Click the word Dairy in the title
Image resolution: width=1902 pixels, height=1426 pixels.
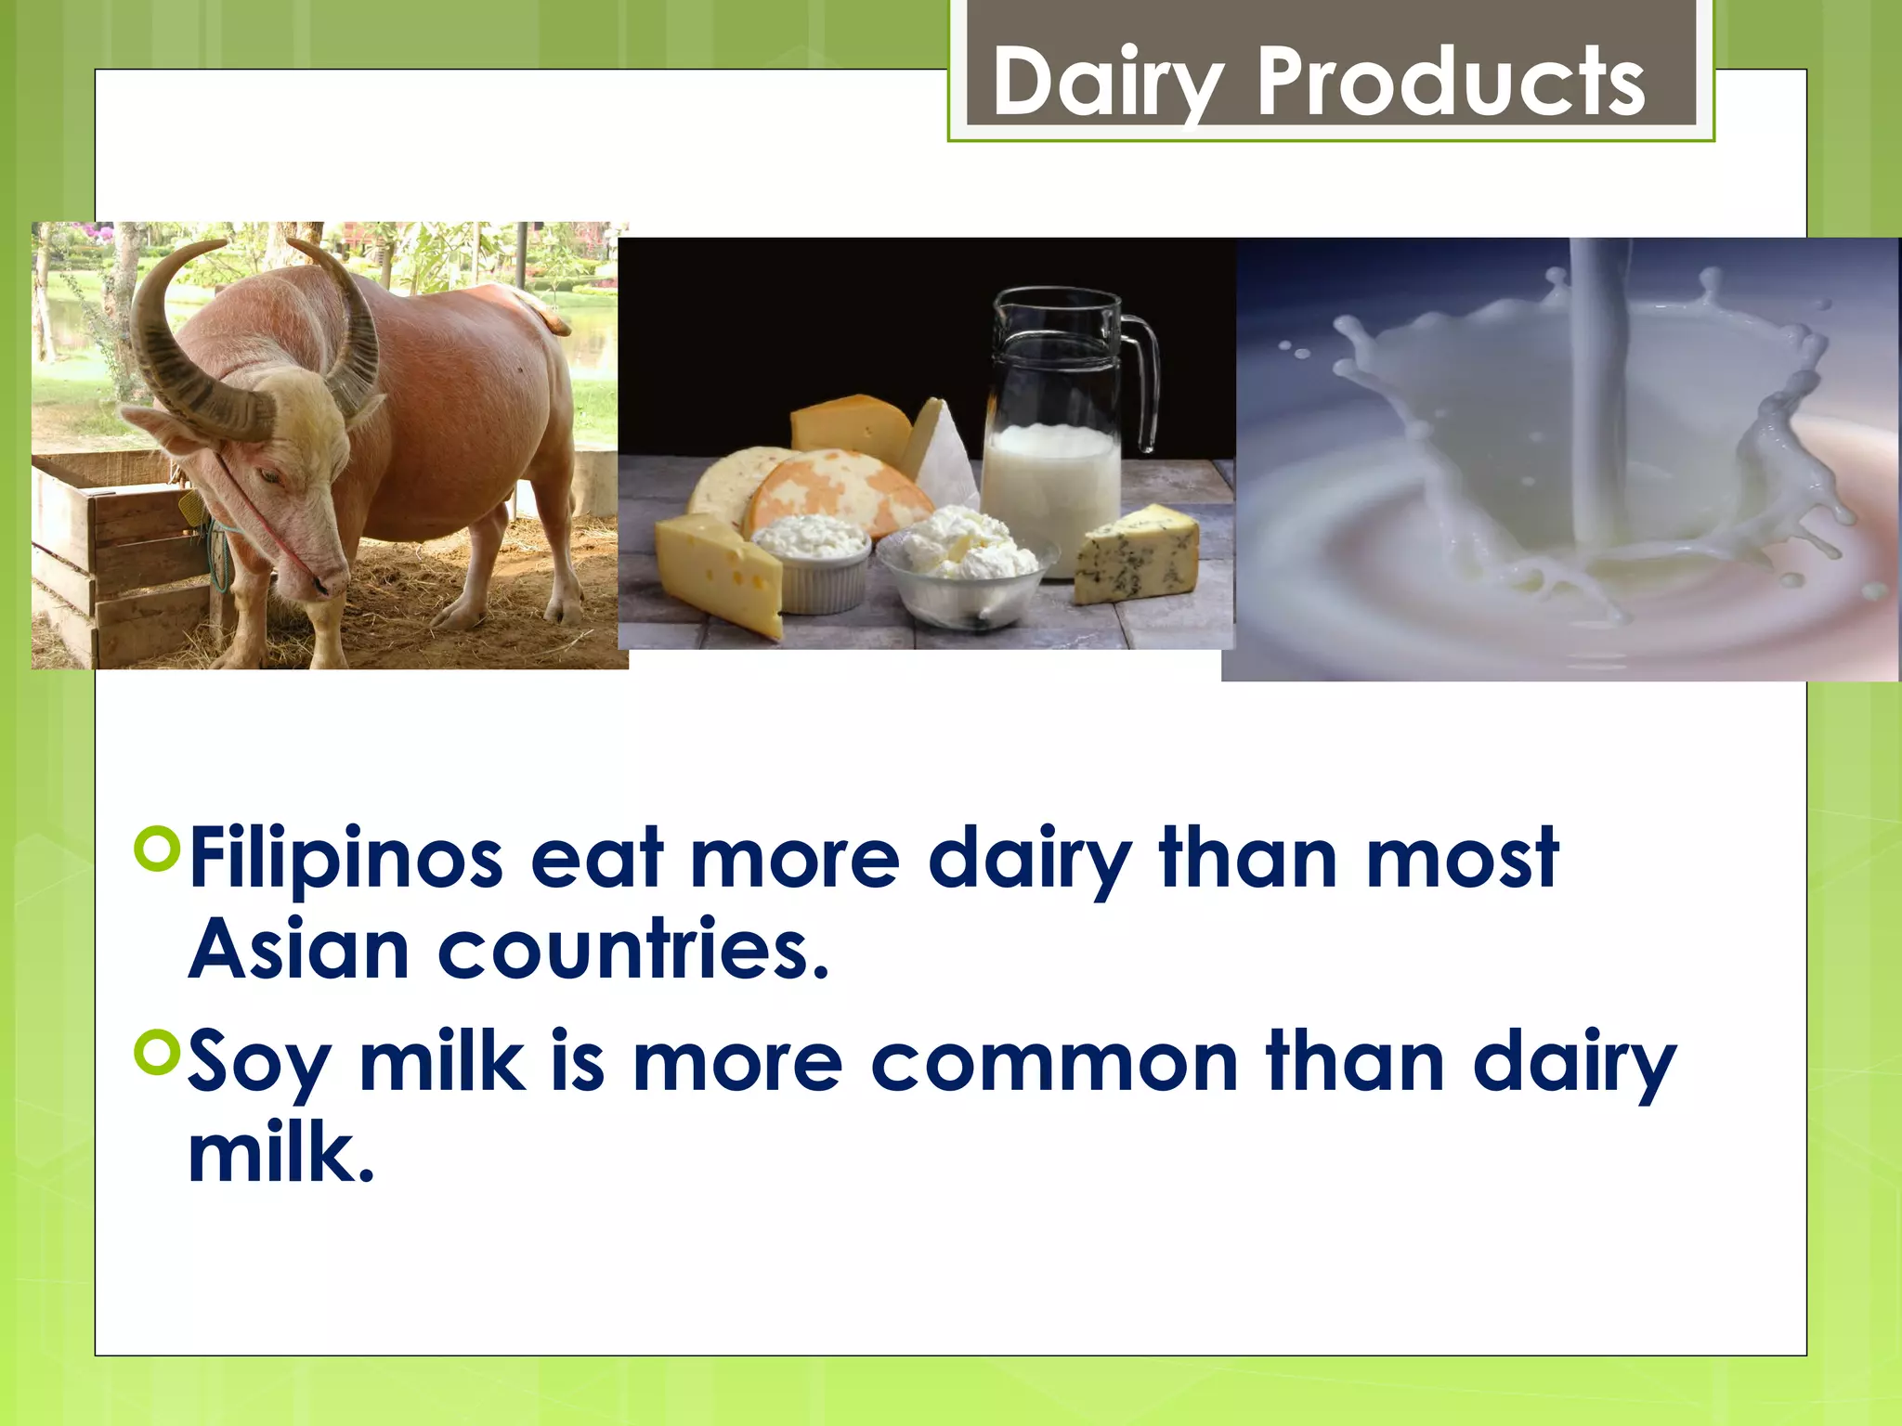[x=1105, y=84]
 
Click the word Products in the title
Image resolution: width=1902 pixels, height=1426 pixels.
[x=1449, y=84]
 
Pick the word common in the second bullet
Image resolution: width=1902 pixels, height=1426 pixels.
[x=1054, y=1063]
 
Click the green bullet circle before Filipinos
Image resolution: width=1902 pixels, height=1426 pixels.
[x=156, y=850]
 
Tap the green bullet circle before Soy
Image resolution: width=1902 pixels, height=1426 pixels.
[x=156, y=1053]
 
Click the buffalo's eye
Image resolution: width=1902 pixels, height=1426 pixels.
[x=268, y=476]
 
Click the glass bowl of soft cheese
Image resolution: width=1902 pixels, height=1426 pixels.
[x=966, y=576]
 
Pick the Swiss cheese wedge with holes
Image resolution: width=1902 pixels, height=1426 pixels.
[x=720, y=576]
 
